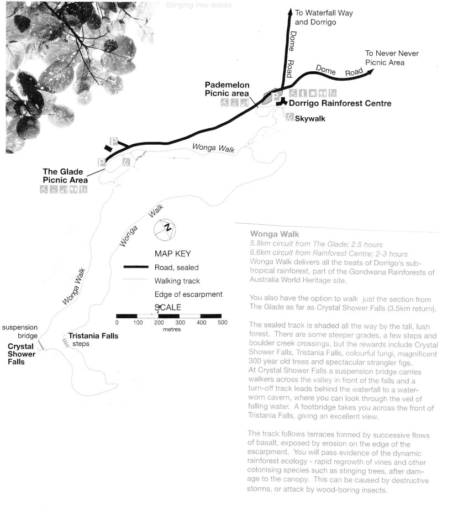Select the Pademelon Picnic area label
click(x=227, y=89)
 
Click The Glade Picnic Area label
click(x=65, y=176)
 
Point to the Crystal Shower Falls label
click(x=21, y=354)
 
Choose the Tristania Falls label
click(x=93, y=336)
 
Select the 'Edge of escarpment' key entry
click(x=188, y=294)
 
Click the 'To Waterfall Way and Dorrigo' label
click(x=323, y=17)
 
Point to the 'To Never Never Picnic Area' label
click(x=392, y=58)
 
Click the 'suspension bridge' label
click(x=19, y=331)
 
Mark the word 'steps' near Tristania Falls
click(x=81, y=344)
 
